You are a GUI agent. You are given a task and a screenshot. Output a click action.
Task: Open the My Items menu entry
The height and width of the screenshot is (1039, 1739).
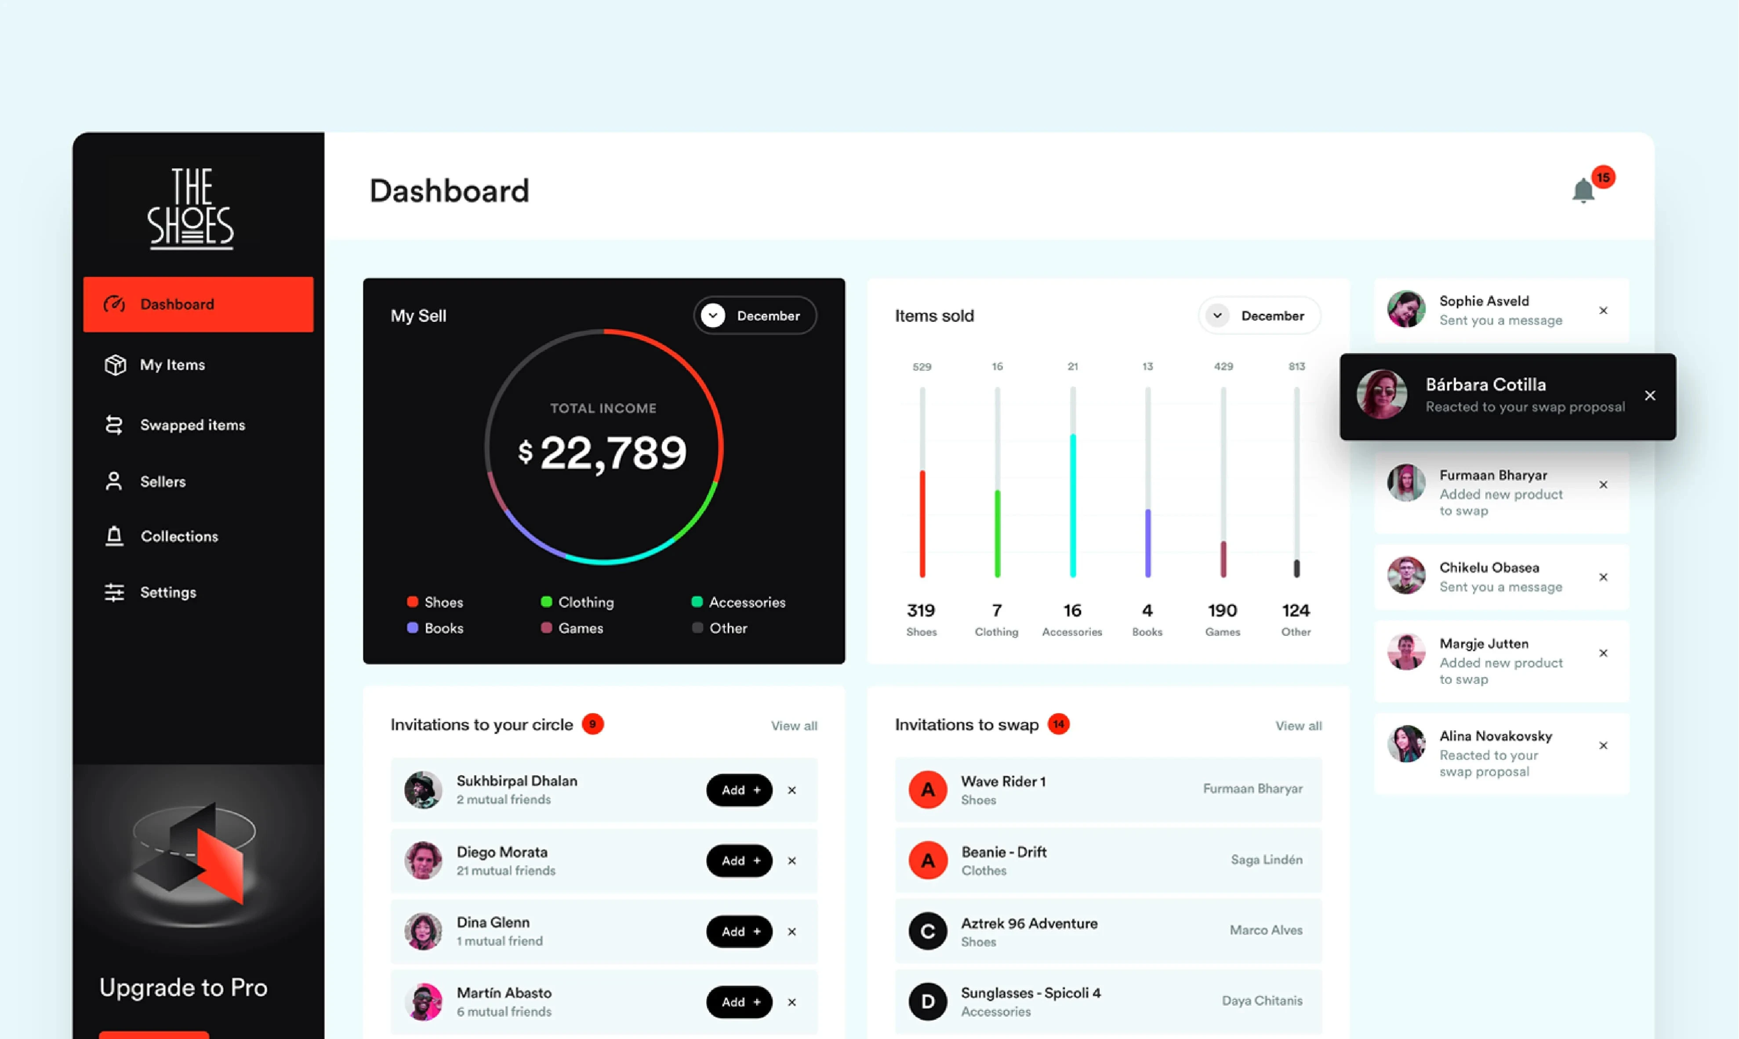pos(172,365)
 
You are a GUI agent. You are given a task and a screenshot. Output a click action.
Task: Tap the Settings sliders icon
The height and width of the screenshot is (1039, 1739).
pos(114,592)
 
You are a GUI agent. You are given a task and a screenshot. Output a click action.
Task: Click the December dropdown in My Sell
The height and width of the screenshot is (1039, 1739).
pos(755,316)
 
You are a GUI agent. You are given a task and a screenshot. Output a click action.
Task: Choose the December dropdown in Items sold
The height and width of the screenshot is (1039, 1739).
pos(1259,316)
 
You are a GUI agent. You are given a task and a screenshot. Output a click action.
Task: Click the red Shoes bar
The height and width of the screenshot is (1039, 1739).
pos(922,524)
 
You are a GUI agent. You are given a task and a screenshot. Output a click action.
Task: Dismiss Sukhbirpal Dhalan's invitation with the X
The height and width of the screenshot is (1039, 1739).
pos(791,791)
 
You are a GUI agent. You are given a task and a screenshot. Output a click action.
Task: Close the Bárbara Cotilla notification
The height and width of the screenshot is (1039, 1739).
pos(1649,396)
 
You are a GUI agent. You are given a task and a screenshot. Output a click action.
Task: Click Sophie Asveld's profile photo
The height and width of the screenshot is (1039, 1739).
pos(1406,310)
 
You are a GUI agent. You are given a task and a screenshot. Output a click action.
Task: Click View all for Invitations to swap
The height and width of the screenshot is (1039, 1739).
pos(1298,726)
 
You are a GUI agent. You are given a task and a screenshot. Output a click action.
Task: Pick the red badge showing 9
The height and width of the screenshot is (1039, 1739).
pos(593,724)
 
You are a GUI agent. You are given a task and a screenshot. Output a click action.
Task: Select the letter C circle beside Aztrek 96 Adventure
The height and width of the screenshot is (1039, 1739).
pos(927,931)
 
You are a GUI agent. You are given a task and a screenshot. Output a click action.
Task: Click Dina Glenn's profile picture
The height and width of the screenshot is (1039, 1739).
pos(423,931)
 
